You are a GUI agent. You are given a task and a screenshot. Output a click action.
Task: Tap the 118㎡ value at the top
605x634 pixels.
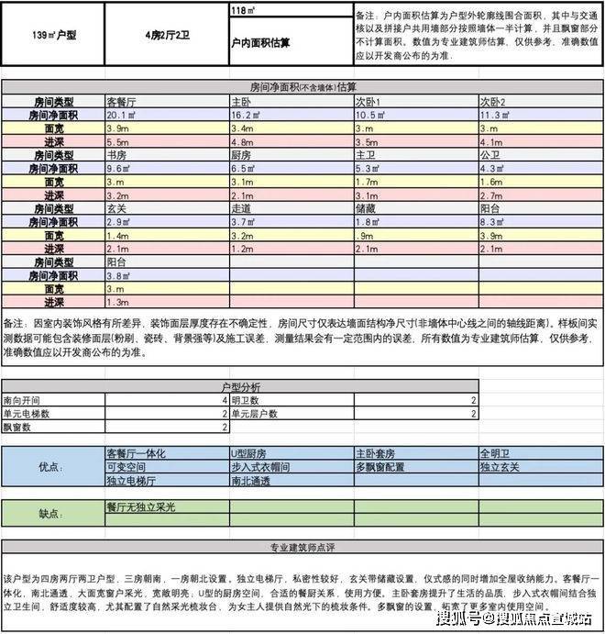coord(242,10)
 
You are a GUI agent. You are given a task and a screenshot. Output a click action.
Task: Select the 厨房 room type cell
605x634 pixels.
coord(241,155)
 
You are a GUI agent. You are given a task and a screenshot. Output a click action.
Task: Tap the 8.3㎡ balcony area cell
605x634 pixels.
coord(493,222)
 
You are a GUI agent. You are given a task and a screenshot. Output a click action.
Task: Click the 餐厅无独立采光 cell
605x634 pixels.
coord(141,506)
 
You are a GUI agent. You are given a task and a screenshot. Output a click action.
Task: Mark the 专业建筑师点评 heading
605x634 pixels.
coord(302,549)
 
